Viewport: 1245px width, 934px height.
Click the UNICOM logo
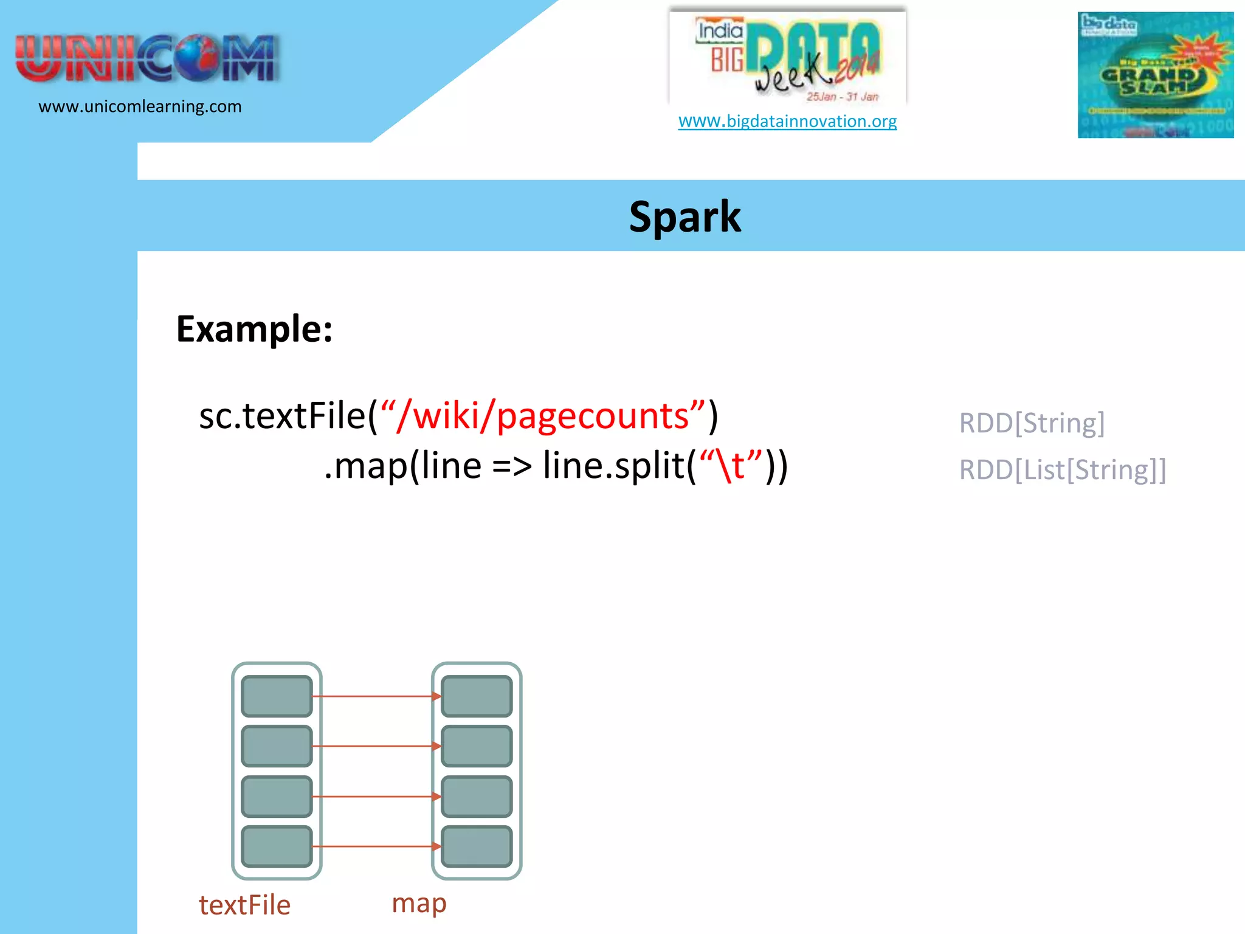(147, 58)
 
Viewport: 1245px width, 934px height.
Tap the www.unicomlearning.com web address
(140, 106)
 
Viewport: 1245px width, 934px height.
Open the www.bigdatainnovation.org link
(787, 121)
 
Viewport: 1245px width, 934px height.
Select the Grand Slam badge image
(1155, 75)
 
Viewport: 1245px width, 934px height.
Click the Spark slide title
(685, 217)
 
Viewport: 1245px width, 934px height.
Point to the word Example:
(254, 329)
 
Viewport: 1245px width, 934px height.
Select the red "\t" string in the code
(731, 466)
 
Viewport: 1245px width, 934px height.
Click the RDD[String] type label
(1032, 423)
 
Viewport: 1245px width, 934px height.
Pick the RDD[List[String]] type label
(1063, 470)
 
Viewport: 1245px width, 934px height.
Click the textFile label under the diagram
(244, 905)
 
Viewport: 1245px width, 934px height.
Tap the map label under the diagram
(419, 903)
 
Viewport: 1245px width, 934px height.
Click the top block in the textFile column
(277, 696)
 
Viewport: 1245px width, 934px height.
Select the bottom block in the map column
(477, 846)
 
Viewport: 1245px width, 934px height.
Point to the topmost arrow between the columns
(376, 696)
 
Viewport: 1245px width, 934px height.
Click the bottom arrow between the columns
(376, 846)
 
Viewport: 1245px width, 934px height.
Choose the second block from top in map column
(477, 746)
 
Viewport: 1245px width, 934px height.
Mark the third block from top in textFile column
(277, 796)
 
